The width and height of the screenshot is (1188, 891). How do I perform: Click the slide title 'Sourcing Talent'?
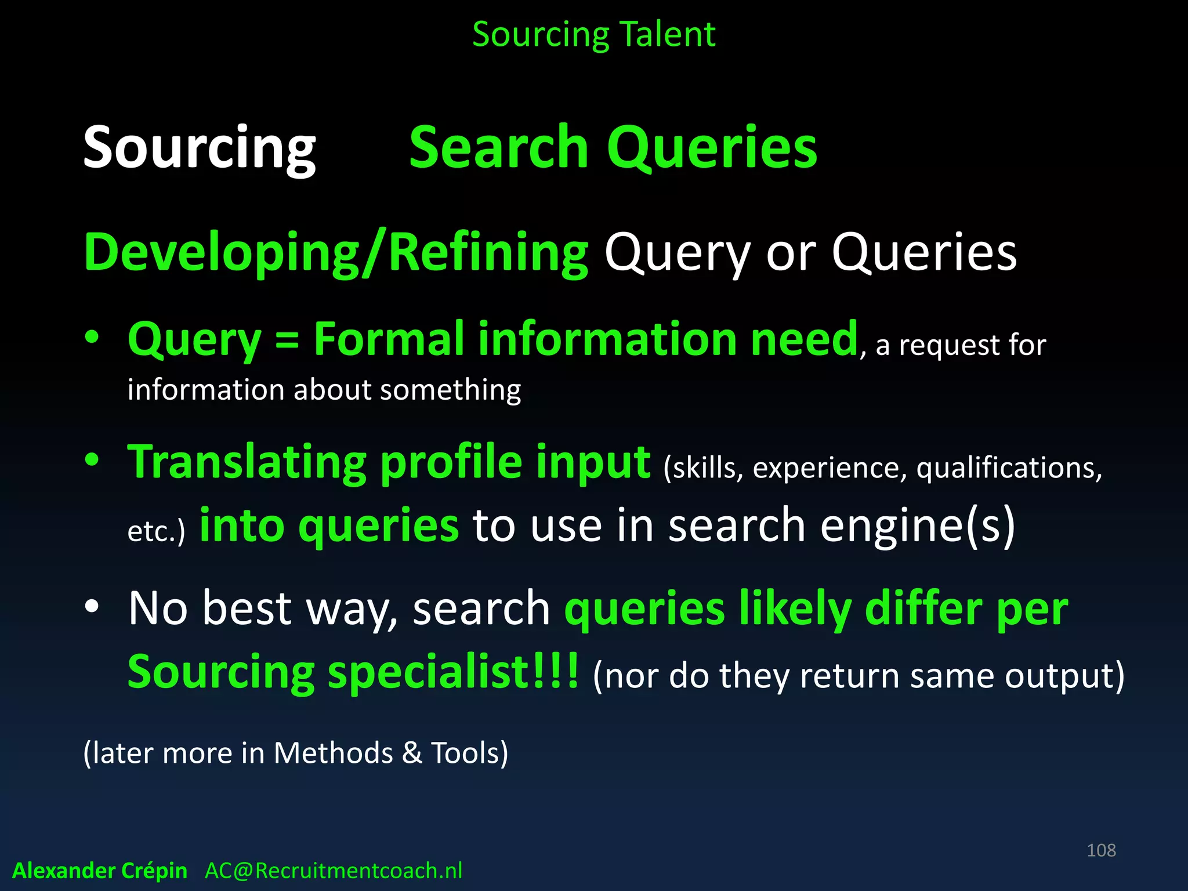pos(593,35)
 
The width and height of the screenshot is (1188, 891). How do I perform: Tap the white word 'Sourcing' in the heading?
pos(200,148)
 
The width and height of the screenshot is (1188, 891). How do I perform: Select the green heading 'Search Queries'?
pos(613,148)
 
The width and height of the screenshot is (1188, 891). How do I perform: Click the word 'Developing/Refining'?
pos(336,253)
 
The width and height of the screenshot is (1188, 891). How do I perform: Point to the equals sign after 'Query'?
pos(287,340)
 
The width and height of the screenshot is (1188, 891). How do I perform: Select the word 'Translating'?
pos(247,462)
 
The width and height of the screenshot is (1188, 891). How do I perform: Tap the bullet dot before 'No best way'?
pos(92,607)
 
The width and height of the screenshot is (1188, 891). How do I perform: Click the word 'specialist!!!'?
pos(454,672)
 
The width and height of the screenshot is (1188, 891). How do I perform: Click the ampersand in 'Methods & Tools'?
pos(412,754)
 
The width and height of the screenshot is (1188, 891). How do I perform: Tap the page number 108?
pos(1101,850)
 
